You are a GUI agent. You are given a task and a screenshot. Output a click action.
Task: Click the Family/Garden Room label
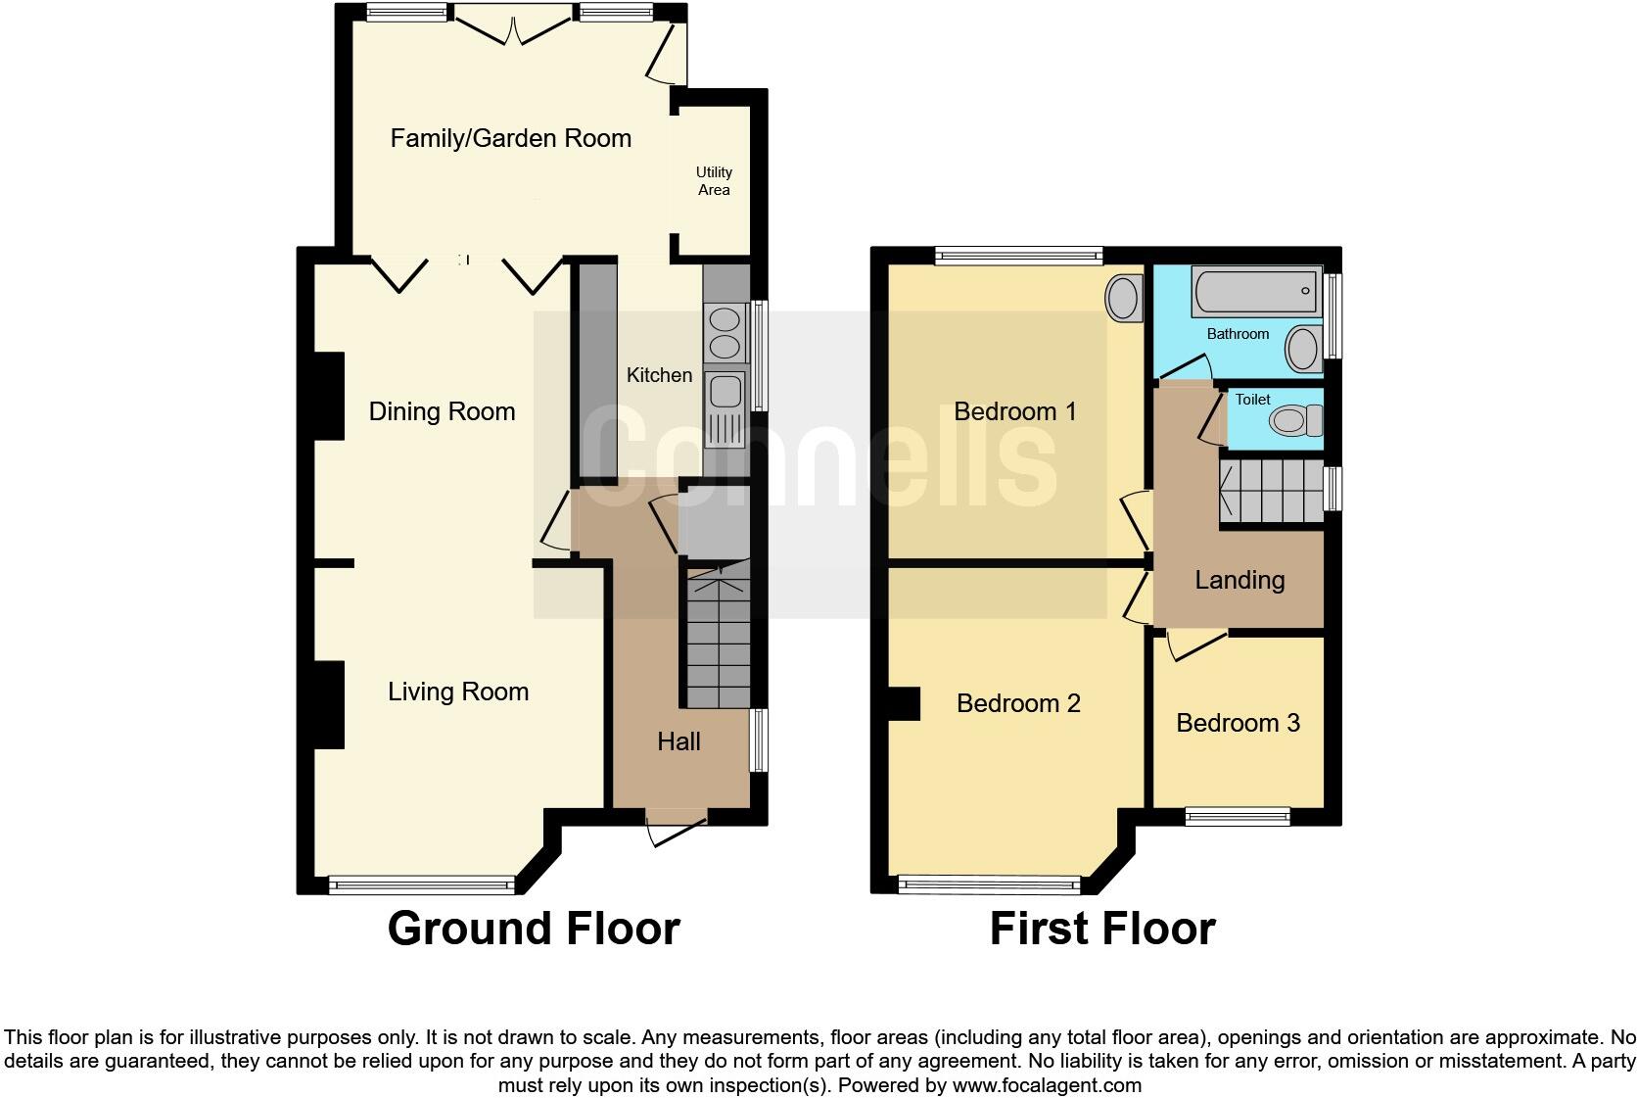point(510,138)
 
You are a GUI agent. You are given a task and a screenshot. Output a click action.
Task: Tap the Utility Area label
point(714,181)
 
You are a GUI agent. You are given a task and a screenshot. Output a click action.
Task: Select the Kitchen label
point(659,375)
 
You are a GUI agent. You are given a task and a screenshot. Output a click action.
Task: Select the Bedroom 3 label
point(1238,723)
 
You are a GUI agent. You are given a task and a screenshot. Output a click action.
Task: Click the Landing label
point(1239,580)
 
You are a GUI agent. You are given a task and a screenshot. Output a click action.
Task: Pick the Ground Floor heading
point(534,929)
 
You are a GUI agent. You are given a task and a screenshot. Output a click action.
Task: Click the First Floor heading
point(1102,929)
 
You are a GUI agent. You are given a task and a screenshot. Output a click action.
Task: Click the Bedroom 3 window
point(1238,816)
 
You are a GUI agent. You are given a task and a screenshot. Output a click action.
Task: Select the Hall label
point(678,741)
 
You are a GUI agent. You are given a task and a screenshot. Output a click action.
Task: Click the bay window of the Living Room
point(422,885)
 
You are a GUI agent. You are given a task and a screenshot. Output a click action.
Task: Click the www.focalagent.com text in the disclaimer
point(1047,1085)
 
